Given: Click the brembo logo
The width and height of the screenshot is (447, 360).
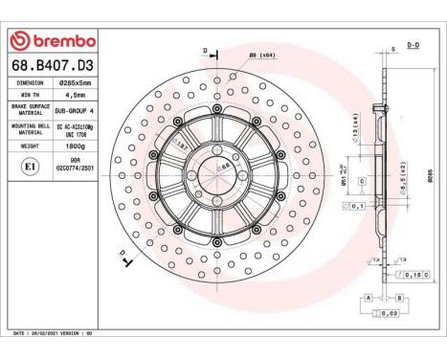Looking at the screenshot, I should (51, 41).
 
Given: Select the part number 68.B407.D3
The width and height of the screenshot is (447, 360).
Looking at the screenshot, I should (50, 65).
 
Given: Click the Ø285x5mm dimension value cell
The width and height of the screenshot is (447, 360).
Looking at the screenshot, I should (75, 83).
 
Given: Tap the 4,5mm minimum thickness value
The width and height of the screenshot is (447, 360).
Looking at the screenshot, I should (75, 97).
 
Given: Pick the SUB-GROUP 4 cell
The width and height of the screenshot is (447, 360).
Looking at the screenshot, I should (75, 111).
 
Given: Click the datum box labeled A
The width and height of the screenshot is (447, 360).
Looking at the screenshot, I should (367, 299).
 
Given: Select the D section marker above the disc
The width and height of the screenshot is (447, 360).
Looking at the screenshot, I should (204, 51).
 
